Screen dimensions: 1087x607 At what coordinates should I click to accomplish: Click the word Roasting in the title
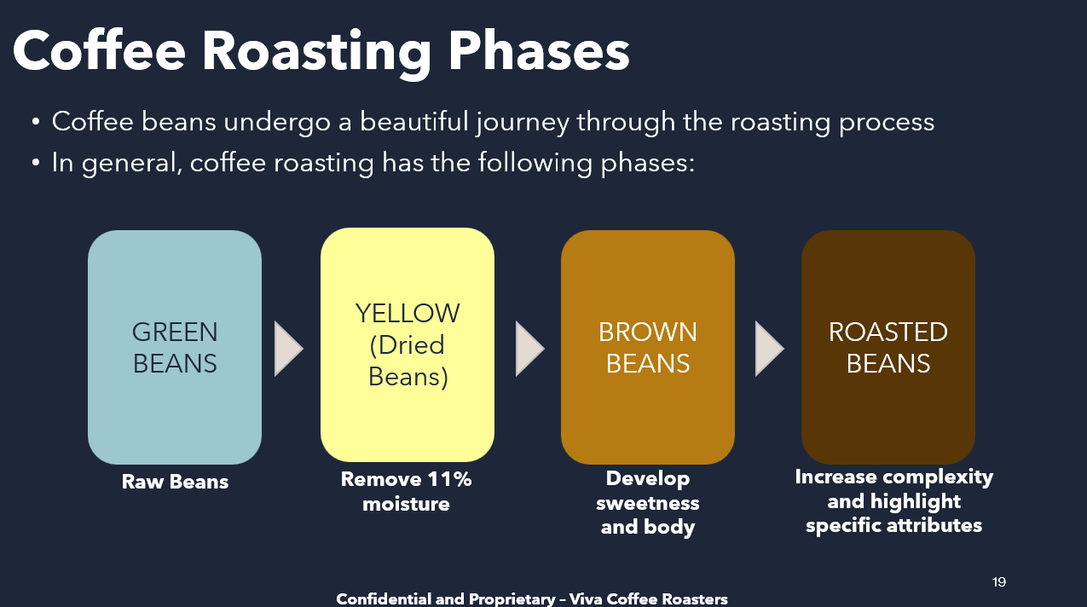pos(316,52)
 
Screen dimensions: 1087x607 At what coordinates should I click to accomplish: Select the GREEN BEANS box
pos(175,347)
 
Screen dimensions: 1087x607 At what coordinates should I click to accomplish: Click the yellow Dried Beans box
pos(408,345)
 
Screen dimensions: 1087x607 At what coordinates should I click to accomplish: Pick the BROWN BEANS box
pos(648,347)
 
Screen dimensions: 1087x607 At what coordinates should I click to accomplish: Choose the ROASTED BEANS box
pos(888,347)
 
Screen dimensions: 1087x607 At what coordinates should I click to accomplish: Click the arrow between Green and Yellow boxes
pos(288,349)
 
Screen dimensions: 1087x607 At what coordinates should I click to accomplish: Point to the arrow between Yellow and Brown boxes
pos(529,349)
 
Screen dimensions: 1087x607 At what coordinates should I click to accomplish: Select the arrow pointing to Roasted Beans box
pos(770,349)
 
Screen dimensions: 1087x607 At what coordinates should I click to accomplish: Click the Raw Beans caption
pos(175,482)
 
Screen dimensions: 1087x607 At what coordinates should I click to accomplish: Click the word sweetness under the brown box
pos(648,503)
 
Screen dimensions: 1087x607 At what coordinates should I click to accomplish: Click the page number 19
pos(999,582)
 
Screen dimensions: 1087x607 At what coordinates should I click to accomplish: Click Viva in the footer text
pos(586,599)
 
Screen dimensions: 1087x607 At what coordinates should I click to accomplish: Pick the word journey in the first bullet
pos(522,122)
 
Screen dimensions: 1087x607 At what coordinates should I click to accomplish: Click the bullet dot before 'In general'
pos(36,163)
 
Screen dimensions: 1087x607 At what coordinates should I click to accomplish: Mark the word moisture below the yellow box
pos(406,504)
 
